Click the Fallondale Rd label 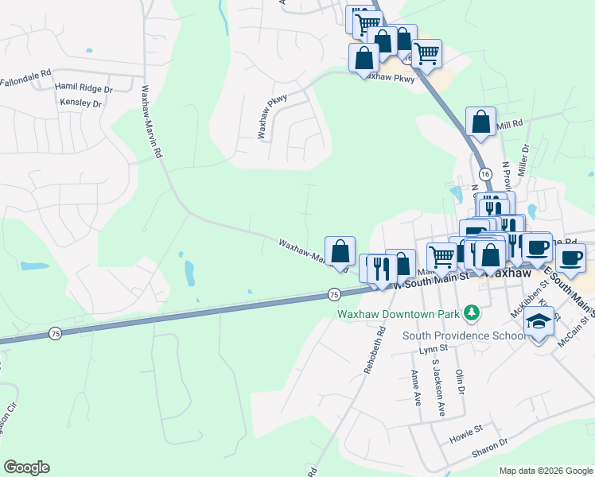click(25, 82)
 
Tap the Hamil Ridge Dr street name click(83, 88)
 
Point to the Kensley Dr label click(81, 103)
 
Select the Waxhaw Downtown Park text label click(397, 313)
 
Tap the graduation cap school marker click(539, 323)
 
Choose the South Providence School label click(464, 335)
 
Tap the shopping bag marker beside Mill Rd click(480, 122)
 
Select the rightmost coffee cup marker click(572, 258)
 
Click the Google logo click(25, 467)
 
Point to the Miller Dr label click(523, 160)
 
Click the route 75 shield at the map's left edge click(54, 332)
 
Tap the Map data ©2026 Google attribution click(546, 471)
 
